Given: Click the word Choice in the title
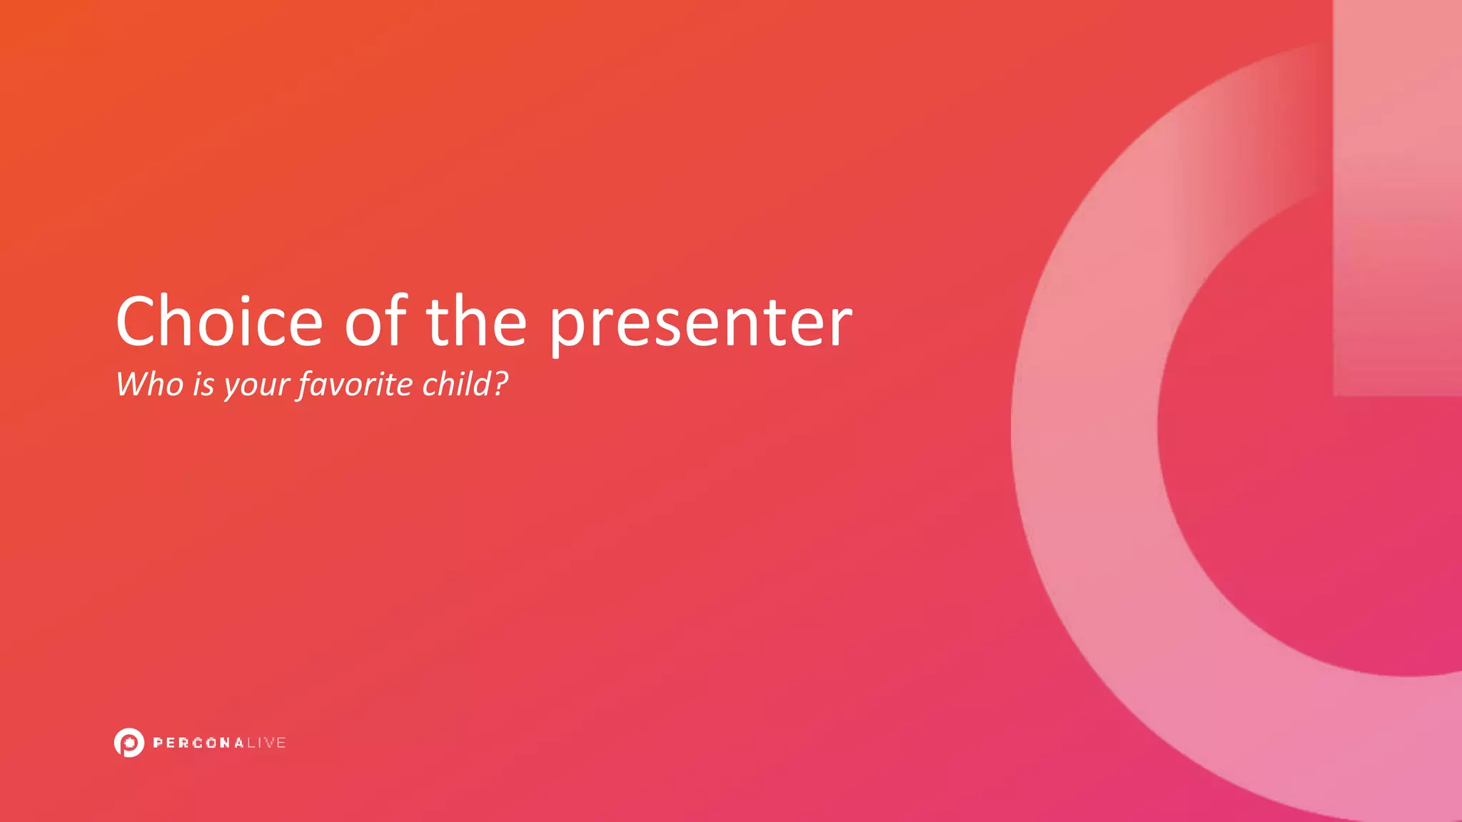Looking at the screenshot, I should coord(220,322).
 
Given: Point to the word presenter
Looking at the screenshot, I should coord(700,325).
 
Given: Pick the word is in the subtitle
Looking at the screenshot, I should coord(203,385).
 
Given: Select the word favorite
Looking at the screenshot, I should coord(356,385).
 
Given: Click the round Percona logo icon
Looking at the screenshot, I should coord(129,743).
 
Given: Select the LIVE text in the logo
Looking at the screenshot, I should coord(266,743).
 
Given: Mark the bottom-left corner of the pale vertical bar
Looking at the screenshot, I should coord(1335,394).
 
